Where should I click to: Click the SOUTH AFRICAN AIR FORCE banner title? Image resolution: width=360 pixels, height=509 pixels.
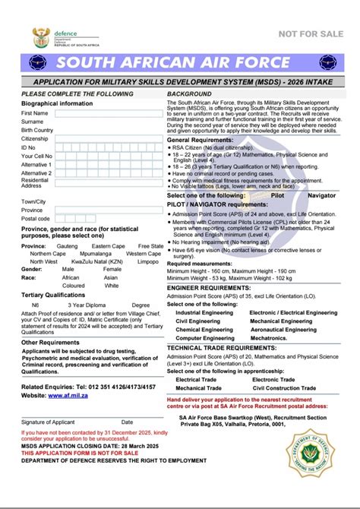(x=179, y=63)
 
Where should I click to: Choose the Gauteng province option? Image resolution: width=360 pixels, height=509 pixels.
(x=67, y=246)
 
